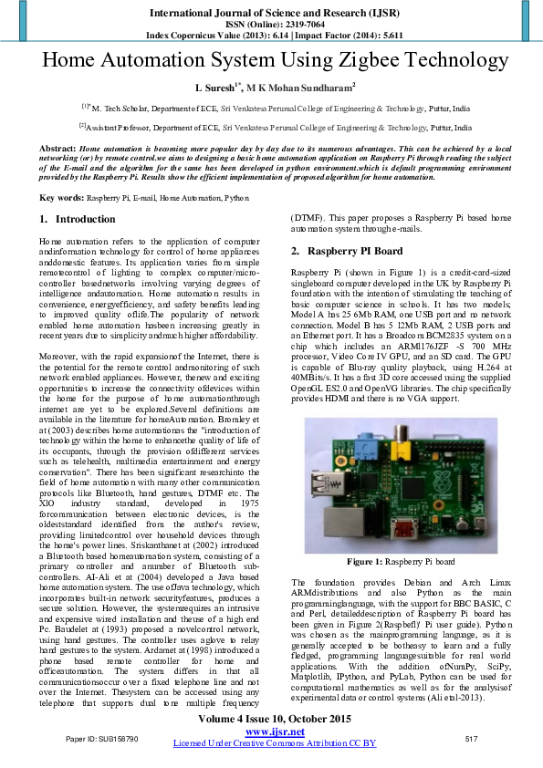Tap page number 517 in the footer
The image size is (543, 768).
472,737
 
